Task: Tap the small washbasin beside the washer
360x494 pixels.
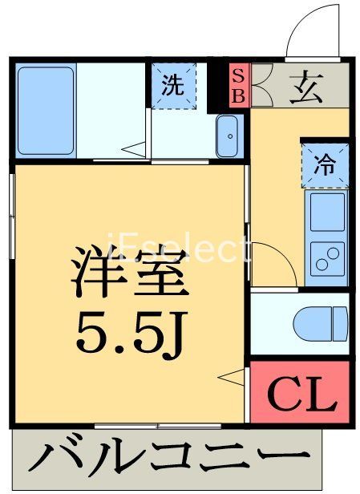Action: click(x=228, y=137)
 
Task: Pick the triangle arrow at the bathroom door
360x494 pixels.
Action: click(x=137, y=148)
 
